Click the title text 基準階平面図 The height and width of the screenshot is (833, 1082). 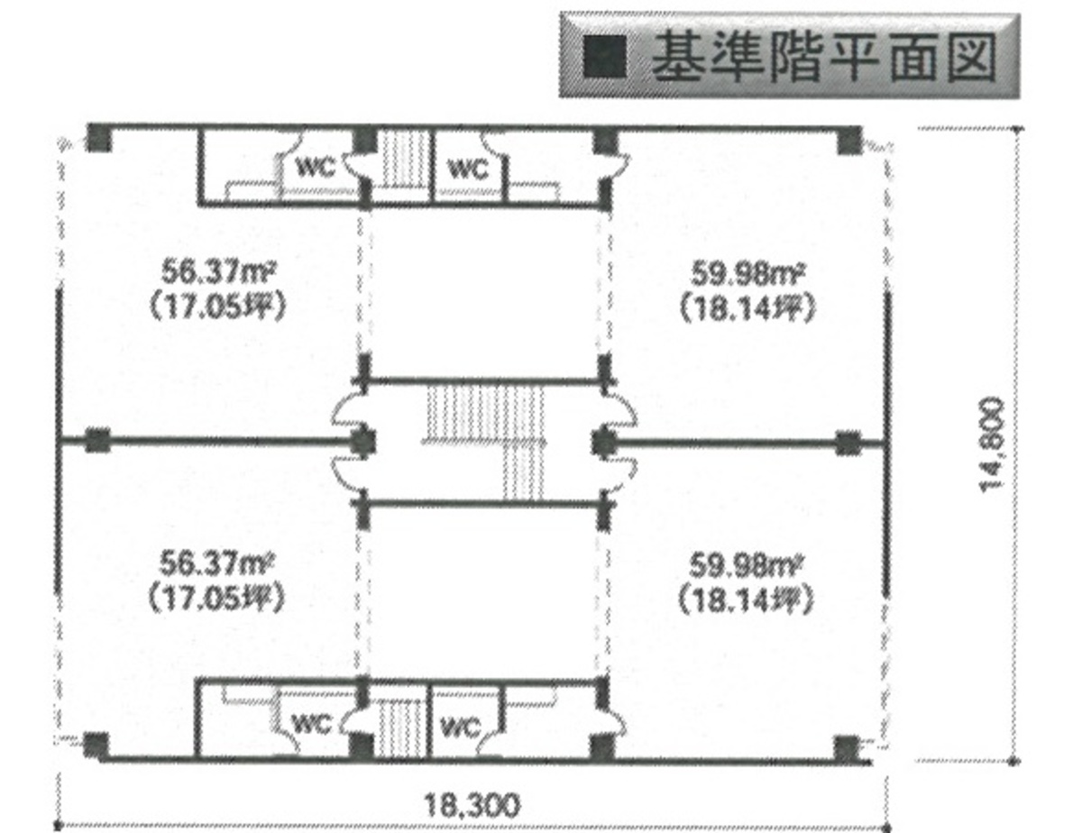[824, 57]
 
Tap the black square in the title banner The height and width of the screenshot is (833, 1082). [604, 57]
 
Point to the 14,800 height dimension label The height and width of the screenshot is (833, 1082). [991, 444]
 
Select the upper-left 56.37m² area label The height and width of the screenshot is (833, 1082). [218, 272]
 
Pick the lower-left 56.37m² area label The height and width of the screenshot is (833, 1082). [216, 564]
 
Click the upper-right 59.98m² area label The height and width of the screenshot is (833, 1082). [748, 275]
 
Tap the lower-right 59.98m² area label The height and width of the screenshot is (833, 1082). [746, 567]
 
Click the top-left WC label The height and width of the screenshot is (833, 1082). [316, 167]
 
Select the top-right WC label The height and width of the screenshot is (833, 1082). [468, 169]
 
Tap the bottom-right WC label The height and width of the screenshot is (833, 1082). [461, 728]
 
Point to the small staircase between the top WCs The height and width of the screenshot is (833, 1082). [406, 160]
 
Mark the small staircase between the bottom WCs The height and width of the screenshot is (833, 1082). [401, 728]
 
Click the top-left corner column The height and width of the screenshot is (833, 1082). [99, 138]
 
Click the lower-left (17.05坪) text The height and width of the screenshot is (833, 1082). [216, 600]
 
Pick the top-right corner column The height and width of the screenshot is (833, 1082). [849, 141]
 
